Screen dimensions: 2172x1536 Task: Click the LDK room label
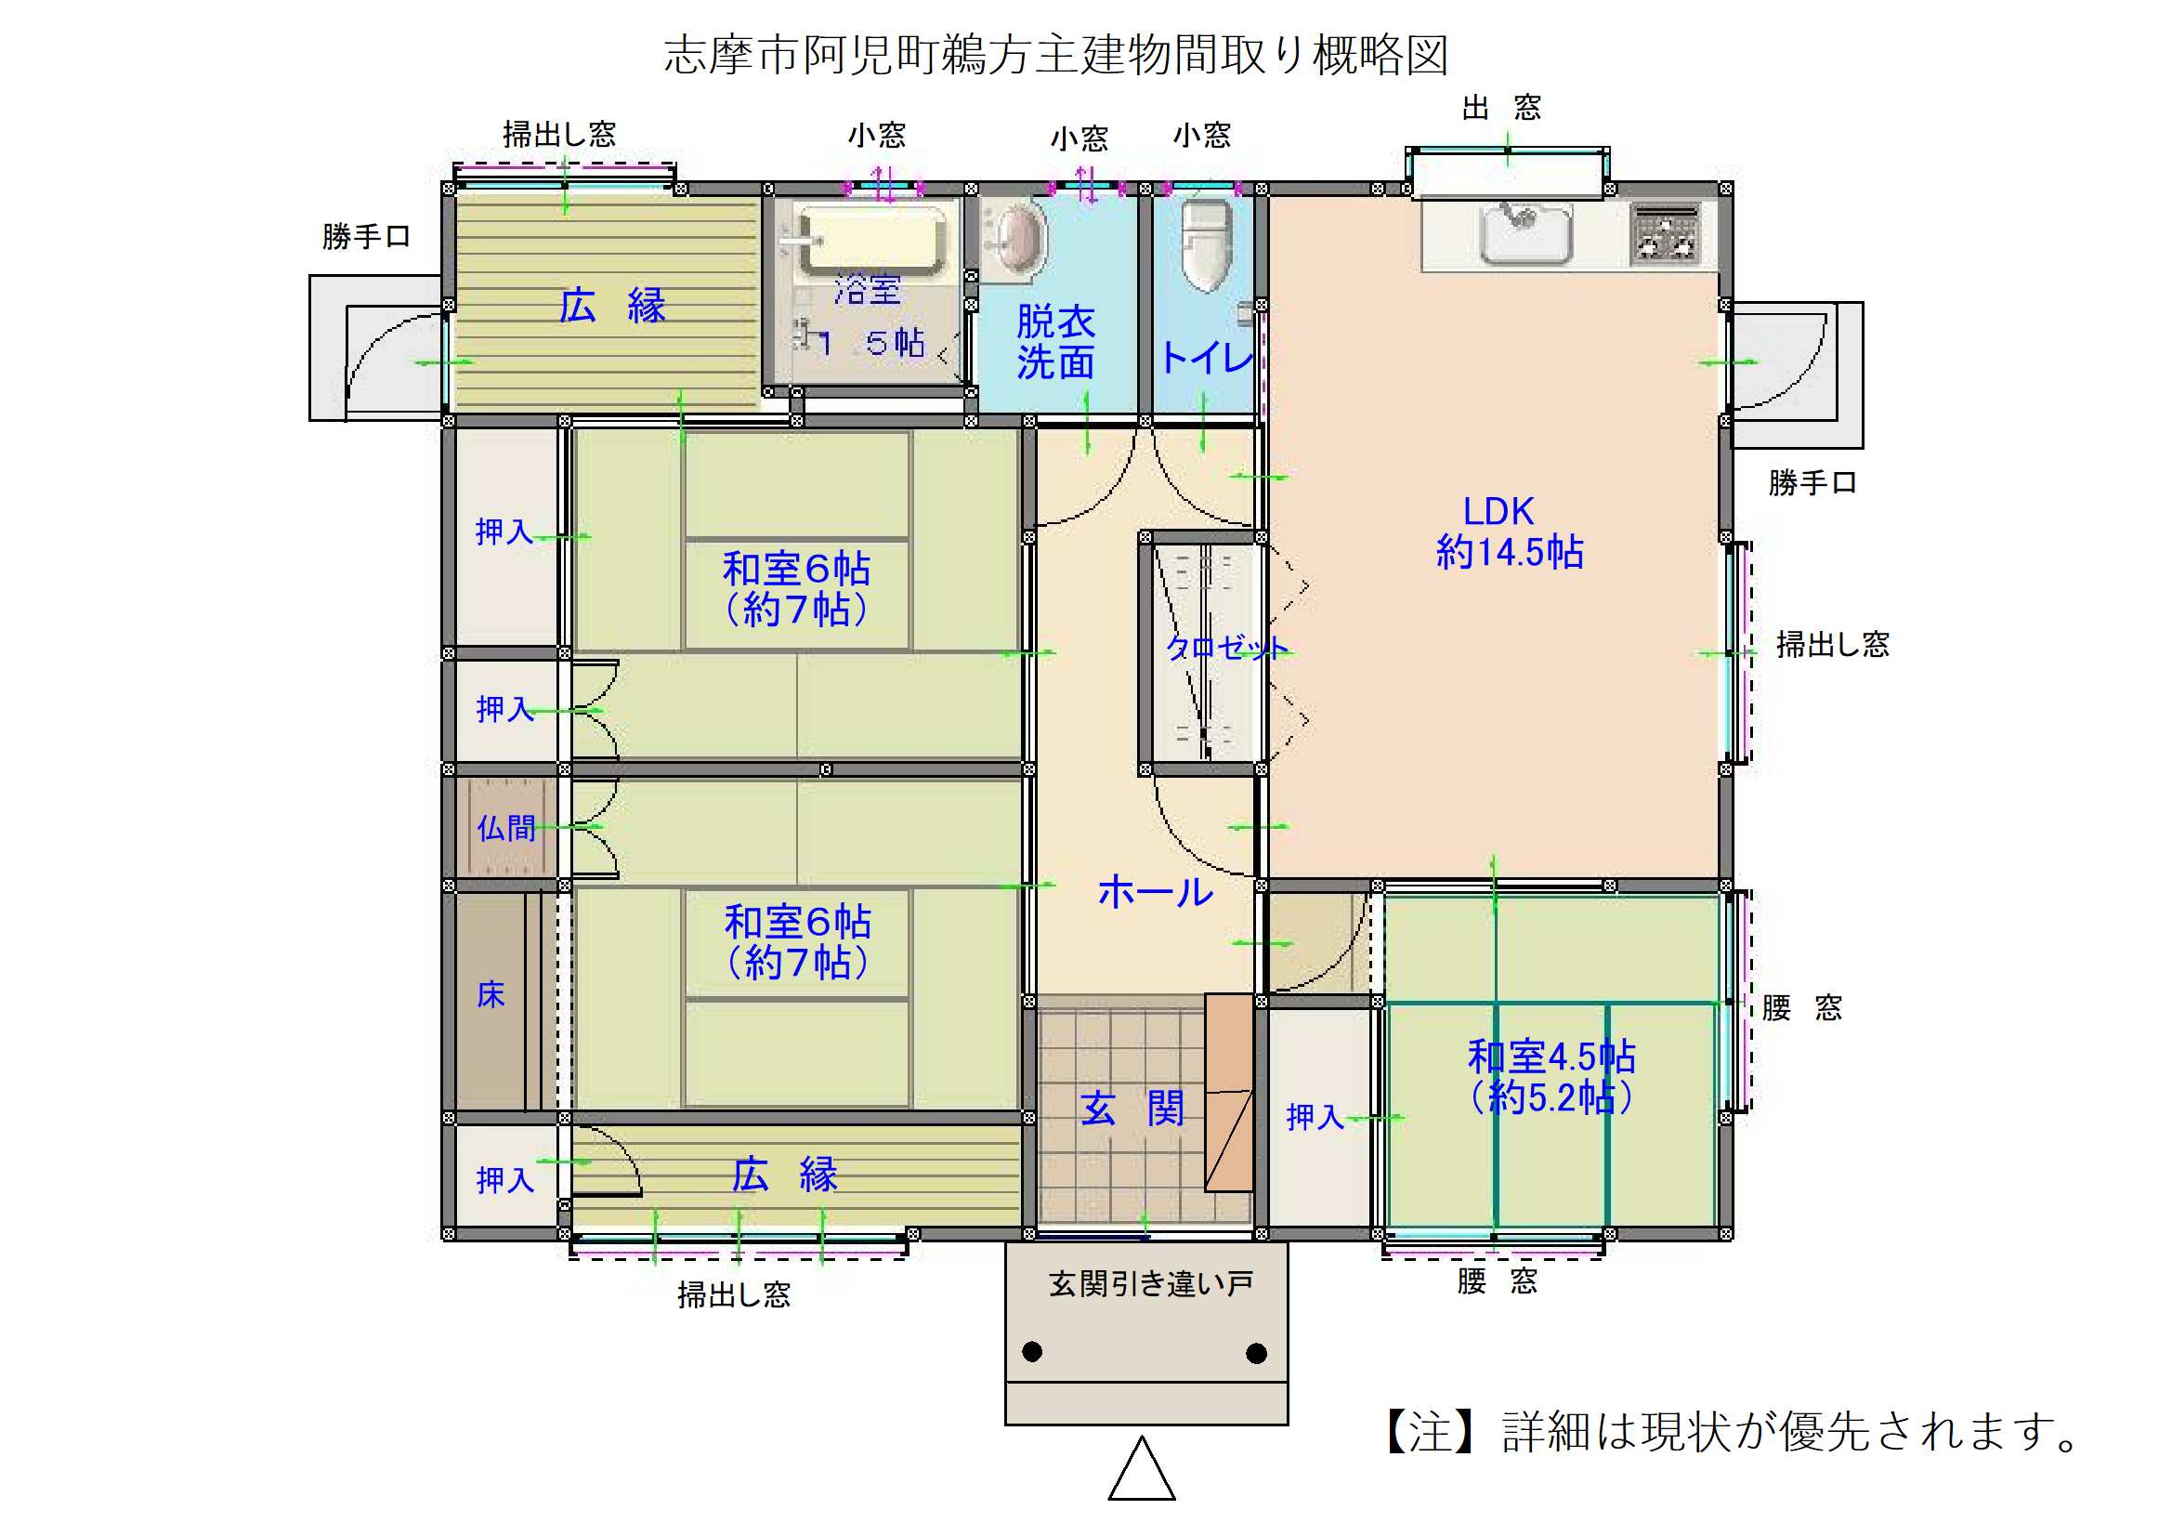point(1498,511)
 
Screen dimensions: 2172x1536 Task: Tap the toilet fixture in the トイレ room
point(1206,245)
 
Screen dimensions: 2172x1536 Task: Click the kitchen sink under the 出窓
point(1524,232)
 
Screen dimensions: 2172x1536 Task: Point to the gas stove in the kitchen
point(1666,232)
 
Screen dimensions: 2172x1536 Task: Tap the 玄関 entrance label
point(1132,1109)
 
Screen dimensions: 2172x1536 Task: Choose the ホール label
point(1155,891)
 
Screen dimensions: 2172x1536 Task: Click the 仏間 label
point(506,828)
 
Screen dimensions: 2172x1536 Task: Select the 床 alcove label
point(490,994)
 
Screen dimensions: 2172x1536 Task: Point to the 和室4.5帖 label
point(1551,1057)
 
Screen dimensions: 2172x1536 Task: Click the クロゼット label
point(1227,649)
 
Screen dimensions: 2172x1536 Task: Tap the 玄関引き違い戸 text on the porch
point(1150,1284)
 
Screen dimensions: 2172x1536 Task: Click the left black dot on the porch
point(1032,1351)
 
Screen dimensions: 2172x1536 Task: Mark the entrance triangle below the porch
point(1142,1470)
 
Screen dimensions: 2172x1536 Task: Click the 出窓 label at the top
point(1501,108)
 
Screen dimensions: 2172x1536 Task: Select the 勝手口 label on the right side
point(1812,483)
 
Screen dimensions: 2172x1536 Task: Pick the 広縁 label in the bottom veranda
point(784,1175)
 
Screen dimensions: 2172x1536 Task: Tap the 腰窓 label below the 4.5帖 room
point(1497,1281)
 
